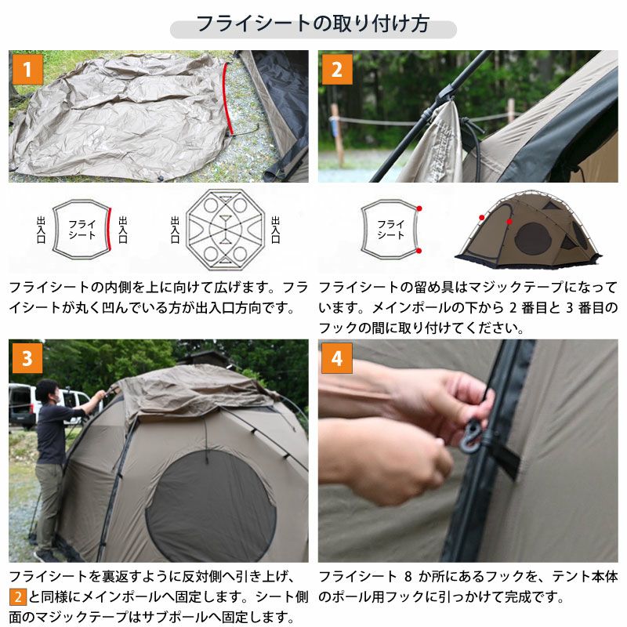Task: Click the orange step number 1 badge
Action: pyautogui.click(x=27, y=70)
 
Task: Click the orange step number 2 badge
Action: pyautogui.click(x=337, y=70)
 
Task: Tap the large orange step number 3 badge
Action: pyautogui.click(x=27, y=358)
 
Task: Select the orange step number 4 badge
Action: pyautogui.click(x=337, y=358)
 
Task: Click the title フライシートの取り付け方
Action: pyautogui.click(x=313, y=24)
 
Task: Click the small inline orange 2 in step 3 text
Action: pyautogui.click(x=18, y=597)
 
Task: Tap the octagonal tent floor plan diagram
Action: pyautogui.click(x=225, y=229)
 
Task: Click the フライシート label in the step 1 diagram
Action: pyautogui.click(x=82, y=229)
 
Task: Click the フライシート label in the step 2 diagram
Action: pyautogui.click(x=390, y=229)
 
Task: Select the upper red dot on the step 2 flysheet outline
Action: pyautogui.click(x=419, y=208)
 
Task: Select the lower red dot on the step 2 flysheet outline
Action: pyautogui.click(x=419, y=251)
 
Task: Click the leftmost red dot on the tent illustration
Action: pyautogui.click(x=482, y=218)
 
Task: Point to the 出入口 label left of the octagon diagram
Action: pyautogui.click(x=175, y=230)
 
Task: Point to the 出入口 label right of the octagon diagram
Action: pyautogui.click(x=276, y=230)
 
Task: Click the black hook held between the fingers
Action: pyautogui.click(x=470, y=436)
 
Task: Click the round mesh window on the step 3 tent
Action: pyautogui.click(x=211, y=506)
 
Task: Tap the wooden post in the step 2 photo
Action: pyautogui.click(x=337, y=134)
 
